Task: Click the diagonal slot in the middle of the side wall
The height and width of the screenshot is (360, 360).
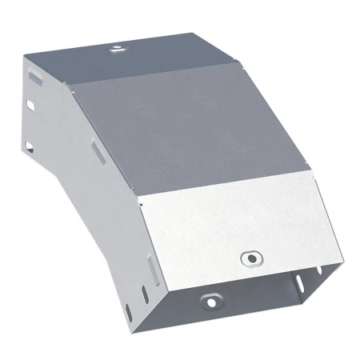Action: click(96, 150)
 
